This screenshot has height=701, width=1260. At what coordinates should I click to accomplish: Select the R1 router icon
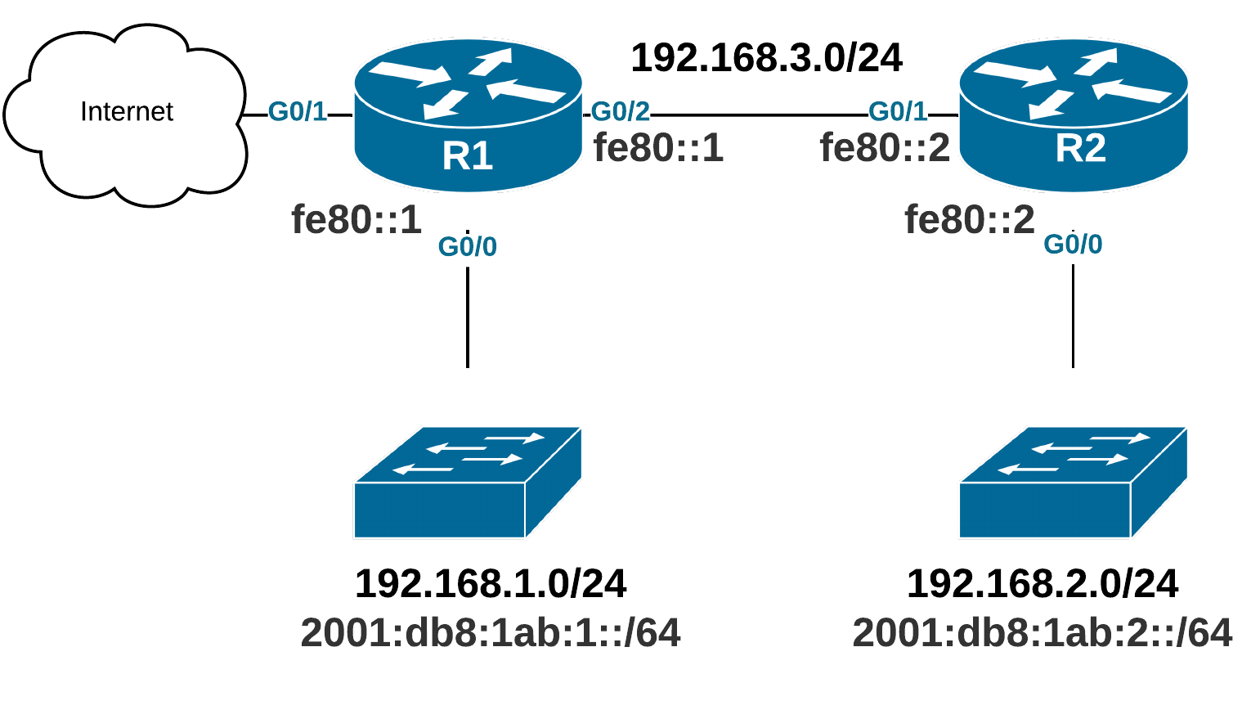tap(468, 115)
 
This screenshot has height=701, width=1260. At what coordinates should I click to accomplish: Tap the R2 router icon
tap(1073, 115)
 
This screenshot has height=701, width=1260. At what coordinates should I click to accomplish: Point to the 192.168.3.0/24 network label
tap(766, 57)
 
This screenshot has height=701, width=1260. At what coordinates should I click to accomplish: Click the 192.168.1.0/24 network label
tap(491, 583)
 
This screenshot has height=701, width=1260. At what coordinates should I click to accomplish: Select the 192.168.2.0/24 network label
tap(1043, 583)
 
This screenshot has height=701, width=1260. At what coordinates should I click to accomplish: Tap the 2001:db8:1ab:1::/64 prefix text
tap(491, 632)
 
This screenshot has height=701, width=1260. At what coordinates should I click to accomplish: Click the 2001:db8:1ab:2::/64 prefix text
tap(1043, 632)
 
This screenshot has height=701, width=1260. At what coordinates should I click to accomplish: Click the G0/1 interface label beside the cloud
tap(298, 112)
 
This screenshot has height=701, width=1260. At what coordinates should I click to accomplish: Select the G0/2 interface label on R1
tap(620, 112)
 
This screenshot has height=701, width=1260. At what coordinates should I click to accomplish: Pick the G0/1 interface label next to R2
tap(898, 112)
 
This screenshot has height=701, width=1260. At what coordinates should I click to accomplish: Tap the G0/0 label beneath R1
tap(468, 246)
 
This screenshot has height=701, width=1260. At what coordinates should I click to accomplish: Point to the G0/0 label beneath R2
tap(1073, 244)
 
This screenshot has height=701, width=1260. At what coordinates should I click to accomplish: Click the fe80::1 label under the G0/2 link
tap(658, 148)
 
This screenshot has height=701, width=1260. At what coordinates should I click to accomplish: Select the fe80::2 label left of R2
tap(885, 148)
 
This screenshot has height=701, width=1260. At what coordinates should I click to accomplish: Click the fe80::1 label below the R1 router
tap(356, 219)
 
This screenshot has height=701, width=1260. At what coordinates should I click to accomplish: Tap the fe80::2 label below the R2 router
tap(970, 219)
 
